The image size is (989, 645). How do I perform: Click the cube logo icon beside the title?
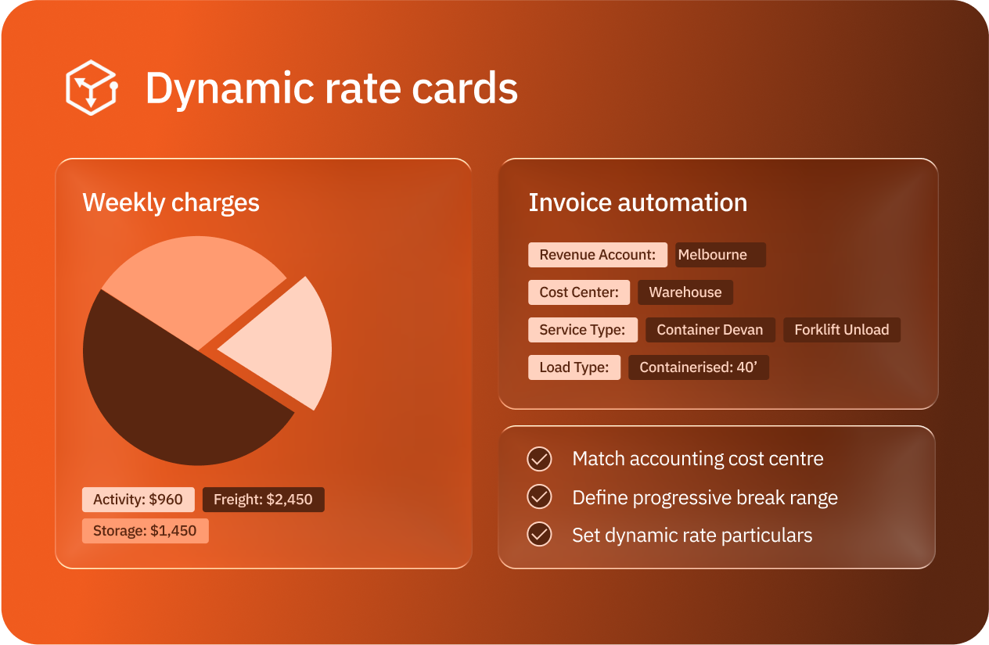coord(91,88)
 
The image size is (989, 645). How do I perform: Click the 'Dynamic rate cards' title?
coord(331,88)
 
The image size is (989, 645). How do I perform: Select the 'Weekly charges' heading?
coord(171,202)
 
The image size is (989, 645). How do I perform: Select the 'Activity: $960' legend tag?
coord(138,500)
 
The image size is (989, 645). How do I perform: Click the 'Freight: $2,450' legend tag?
coord(263,500)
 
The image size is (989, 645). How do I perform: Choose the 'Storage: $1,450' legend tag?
coord(145,531)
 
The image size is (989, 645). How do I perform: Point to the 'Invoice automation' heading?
coord(638,202)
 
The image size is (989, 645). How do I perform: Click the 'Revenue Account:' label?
coord(597,255)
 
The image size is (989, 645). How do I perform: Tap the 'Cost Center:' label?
coord(579,292)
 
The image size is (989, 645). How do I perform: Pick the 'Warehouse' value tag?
coord(685,292)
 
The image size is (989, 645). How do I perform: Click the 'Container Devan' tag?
coord(710,330)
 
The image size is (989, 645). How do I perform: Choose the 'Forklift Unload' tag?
coord(842,330)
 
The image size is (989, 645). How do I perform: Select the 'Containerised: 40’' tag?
coord(699,367)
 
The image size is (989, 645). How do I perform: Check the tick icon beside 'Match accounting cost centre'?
coord(539,459)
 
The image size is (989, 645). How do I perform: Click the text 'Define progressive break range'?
coord(705,497)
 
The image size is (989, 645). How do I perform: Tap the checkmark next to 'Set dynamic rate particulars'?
coord(539,535)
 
